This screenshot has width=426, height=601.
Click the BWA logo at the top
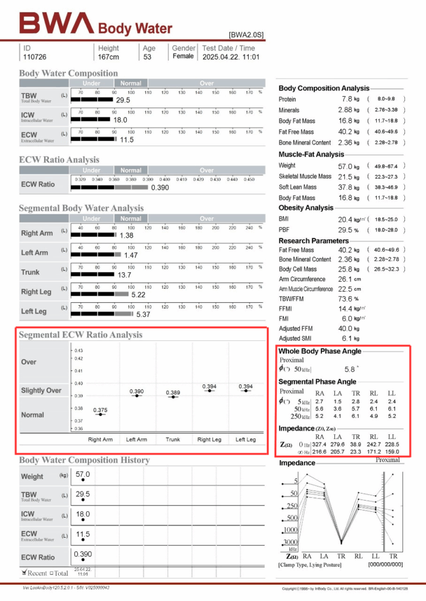tap(56, 24)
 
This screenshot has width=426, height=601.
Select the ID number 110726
tap(35, 57)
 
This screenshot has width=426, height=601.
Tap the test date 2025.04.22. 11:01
tap(231, 57)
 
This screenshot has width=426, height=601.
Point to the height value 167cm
tap(108, 57)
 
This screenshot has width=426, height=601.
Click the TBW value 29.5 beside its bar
tap(123, 100)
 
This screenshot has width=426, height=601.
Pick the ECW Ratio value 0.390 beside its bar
tap(160, 187)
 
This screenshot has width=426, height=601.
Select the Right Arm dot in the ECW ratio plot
tap(100, 414)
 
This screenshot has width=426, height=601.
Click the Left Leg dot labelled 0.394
tap(245, 391)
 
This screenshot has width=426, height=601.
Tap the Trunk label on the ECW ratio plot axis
tap(173, 439)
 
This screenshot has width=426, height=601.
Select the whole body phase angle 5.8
tap(350, 370)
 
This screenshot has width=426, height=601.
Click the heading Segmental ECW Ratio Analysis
tap(80, 335)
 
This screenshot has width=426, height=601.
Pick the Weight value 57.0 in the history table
tap(83, 474)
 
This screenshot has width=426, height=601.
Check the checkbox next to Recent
tap(24, 572)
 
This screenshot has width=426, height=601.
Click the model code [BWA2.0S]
tap(246, 35)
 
